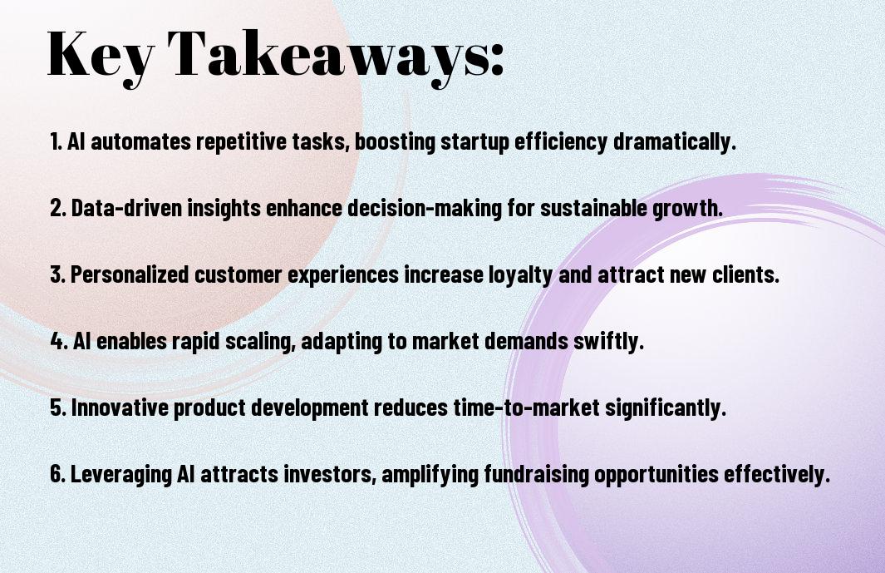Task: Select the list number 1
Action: (x=56, y=141)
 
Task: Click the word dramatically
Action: (x=675, y=141)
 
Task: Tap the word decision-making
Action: (x=424, y=209)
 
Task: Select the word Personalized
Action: (x=130, y=274)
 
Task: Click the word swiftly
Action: (x=608, y=342)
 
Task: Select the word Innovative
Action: (x=120, y=408)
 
